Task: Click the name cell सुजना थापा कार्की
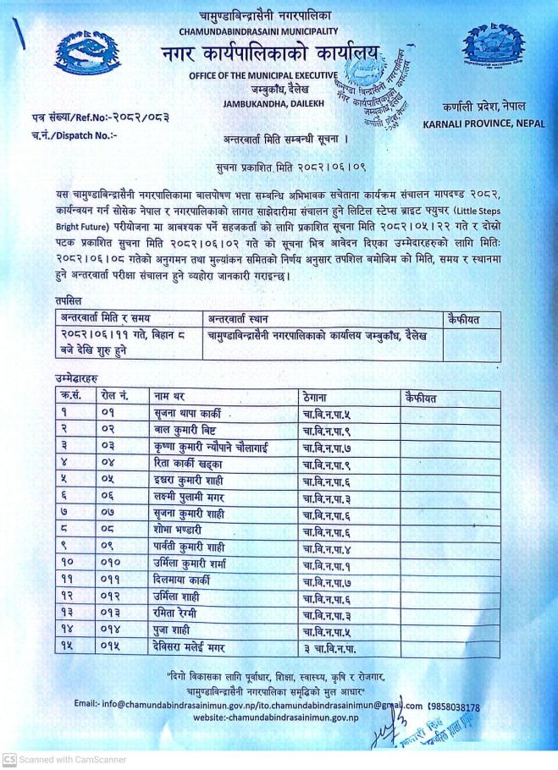pyautogui.click(x=187, y=412)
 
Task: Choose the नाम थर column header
pyautogui.click(x=170, y=395)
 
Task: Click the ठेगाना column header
pyautogui.click(x=317, y=395)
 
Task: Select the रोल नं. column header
pyautogui.click(x=114, y=395)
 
